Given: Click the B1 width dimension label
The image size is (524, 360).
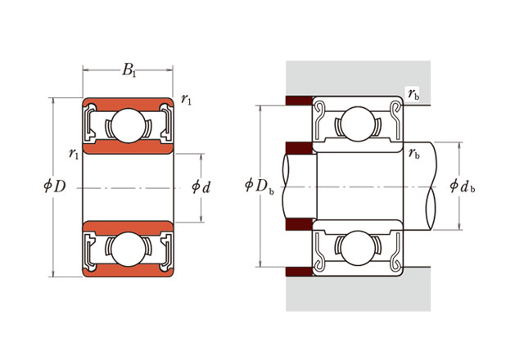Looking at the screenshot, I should (x=129, y=70).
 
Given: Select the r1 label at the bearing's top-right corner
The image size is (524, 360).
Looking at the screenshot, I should (x=187, y=101).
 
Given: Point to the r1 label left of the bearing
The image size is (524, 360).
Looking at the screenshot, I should (x=74, y=153).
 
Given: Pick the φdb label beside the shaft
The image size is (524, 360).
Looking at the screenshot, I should (x=463, y=187).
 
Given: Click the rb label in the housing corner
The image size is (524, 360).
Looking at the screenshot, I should (x=413, y=94).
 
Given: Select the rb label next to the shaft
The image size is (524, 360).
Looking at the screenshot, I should (x=414, y=153).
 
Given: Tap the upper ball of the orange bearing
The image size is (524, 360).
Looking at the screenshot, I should (x=128, y=126).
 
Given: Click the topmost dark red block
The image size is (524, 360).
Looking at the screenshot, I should (x=297, y=101).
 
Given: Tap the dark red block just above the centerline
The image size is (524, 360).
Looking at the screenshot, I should (x=297, y=149).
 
